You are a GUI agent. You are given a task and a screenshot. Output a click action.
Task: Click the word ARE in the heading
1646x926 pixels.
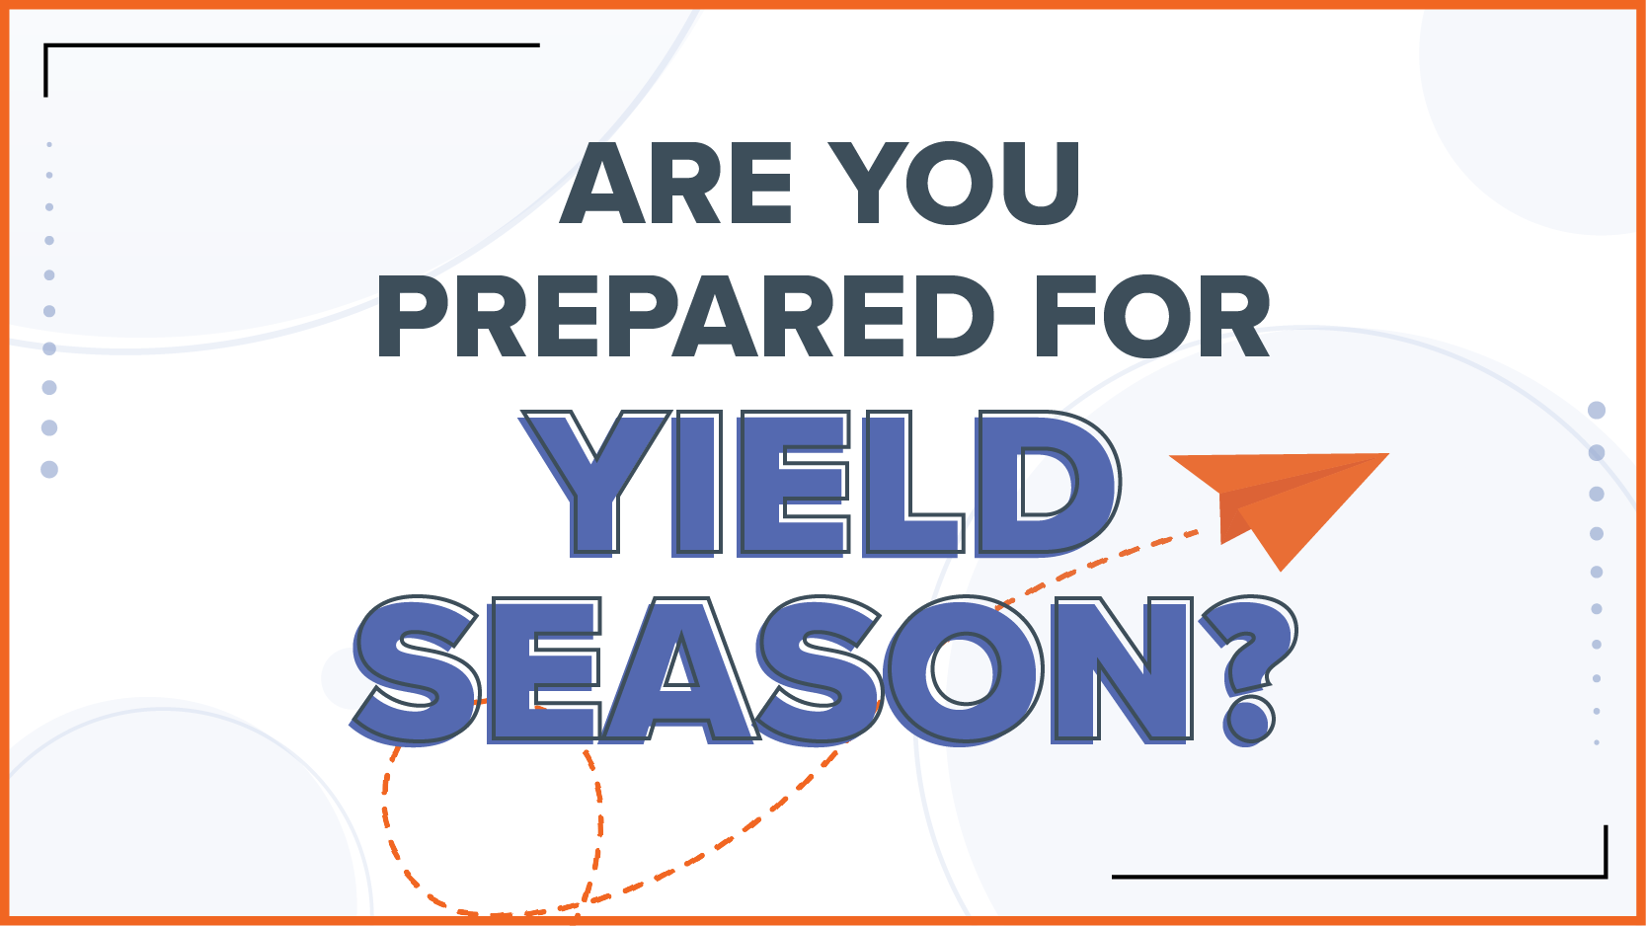coord(676,183)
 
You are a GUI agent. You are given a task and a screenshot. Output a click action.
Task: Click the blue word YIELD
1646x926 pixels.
coord(821,484)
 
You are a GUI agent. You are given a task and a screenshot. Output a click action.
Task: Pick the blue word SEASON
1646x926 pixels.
coord(771,670)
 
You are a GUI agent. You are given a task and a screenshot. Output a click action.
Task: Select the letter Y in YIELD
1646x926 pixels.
coord(595,484)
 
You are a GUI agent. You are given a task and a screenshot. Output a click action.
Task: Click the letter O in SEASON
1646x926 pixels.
coord(965,670)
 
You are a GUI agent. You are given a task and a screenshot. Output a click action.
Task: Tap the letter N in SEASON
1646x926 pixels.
coord(1122,670)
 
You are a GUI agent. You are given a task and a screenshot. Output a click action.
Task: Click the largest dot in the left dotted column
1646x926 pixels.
coord(49,469)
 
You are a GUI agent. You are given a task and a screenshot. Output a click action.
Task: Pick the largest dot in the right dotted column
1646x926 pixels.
coord(1596,410)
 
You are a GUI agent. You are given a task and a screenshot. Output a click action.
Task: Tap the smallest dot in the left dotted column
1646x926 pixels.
coord(49,145)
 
